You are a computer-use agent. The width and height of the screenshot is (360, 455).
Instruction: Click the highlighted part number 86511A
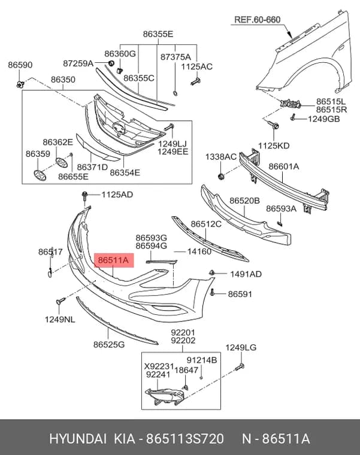tap(114, 260)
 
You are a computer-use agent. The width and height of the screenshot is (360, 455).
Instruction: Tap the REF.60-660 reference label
tap(257, 20)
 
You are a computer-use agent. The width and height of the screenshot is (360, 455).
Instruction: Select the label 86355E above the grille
tap(158, 34)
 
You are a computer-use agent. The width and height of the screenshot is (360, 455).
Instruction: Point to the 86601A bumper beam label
tap(284, 166)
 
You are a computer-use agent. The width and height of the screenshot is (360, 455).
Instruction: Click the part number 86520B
tap(244, 201)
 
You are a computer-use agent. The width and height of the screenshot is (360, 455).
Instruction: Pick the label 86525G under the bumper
tap(109, 344)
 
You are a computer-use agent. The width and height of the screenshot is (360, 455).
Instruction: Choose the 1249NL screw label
tap(60, 320)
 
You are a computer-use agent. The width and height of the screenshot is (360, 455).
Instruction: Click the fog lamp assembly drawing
tap(164, 396)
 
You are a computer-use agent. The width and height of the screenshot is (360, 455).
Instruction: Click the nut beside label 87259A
tap(111, 63)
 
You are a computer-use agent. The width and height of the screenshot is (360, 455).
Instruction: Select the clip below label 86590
tap(20, 84)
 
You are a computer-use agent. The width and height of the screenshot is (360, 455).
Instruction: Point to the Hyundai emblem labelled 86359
tap(40, 175)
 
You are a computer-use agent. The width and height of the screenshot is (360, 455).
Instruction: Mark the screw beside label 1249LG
tap(240, 368)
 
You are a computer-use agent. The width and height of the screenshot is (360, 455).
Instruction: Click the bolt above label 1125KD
tap(274, 125)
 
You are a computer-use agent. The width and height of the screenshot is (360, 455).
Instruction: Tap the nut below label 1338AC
tap(221, 176)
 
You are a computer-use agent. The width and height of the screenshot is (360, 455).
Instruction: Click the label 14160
tap(199, 251)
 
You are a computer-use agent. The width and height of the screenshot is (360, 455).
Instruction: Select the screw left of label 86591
tap(213, 292)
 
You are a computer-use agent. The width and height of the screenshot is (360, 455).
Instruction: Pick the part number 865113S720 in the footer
tap(185, 438)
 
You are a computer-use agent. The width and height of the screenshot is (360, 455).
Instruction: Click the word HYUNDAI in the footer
tap(78, 438)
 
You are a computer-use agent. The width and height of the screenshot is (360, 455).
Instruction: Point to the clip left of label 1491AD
tap(212, 272)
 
